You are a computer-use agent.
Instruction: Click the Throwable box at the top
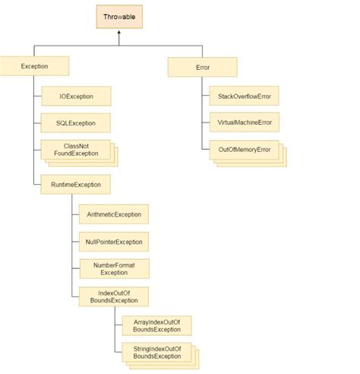119,16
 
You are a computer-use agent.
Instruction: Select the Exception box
35,67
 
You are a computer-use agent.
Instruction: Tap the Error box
202,67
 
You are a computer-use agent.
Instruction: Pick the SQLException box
76,122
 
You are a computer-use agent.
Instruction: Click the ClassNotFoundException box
76,149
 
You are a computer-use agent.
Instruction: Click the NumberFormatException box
113,268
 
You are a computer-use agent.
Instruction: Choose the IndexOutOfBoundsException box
113,295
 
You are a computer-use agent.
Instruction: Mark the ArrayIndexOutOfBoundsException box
156,325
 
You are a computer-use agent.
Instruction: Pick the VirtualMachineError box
244,122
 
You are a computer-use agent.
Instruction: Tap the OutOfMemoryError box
244,150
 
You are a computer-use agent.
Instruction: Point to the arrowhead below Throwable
119,34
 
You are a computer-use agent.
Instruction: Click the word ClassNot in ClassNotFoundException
76,144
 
